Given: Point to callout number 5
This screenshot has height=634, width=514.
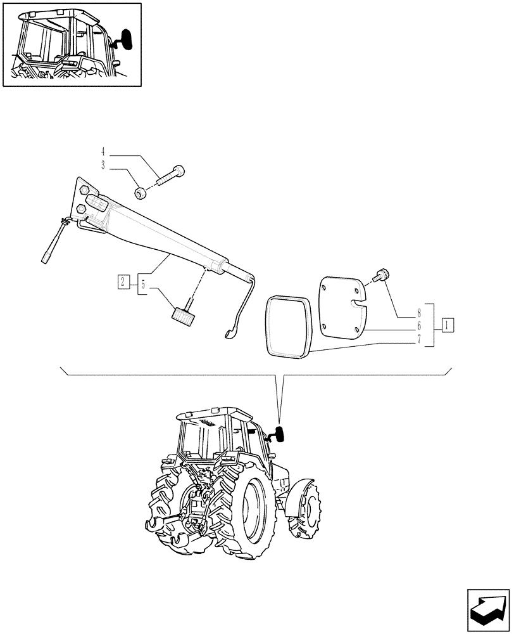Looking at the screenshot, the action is point(143,285).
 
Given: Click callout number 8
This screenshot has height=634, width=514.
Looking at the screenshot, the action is point(419,313).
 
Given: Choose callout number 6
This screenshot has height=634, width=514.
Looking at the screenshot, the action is point(419,325).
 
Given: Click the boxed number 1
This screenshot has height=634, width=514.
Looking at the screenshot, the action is point(448,325).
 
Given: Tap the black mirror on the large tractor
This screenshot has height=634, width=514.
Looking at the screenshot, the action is point(279,434).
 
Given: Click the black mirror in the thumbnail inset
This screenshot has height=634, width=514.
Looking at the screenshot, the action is point(127,39).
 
